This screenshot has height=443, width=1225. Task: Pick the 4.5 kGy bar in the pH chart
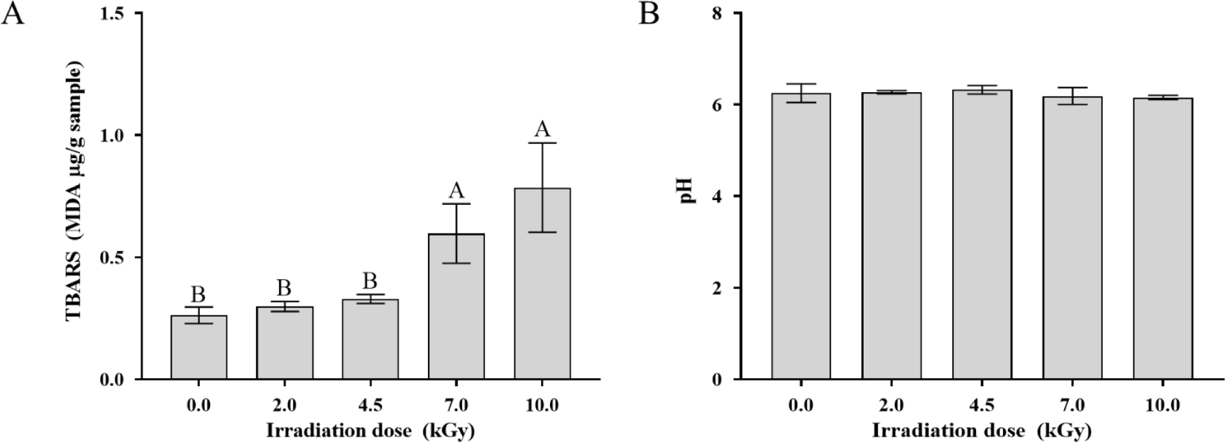click(x=982, y=239)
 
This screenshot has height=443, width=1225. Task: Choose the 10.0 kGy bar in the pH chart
click(x=1163, y=239)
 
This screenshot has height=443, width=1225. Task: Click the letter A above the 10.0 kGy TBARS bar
click(x=542, y=128)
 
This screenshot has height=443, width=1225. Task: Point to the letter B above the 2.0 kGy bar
click(x=284, y=287)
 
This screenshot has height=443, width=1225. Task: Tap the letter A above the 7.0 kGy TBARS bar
click(x=456, y=190)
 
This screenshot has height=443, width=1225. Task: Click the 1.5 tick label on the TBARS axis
click(x=117, y=13)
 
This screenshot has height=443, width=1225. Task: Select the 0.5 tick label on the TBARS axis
click(x=117, y=258)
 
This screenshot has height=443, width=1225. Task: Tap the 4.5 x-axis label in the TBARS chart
click(x=370, y=405)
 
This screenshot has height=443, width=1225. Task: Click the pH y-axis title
click(x=689, y=196)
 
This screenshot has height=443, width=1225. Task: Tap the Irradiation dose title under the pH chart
click(x=982, y=430)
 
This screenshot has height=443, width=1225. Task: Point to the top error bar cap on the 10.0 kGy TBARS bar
click(x=542, y=142)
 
